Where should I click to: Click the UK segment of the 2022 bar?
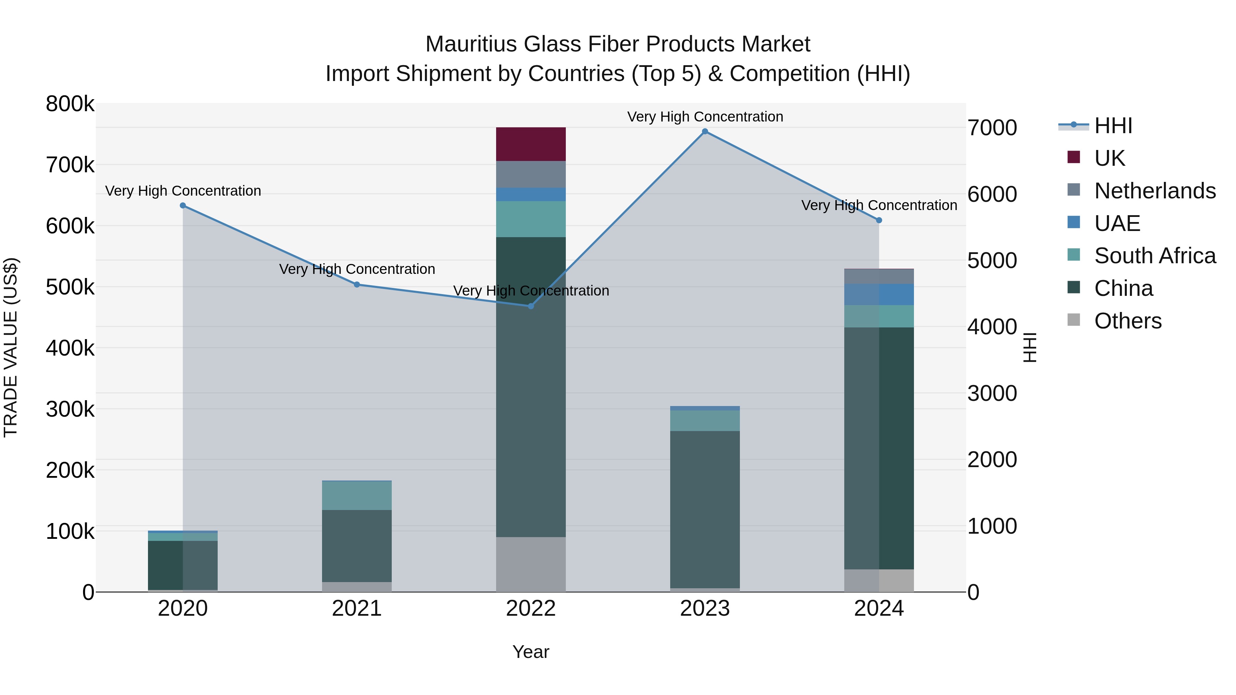[x=531, y=144]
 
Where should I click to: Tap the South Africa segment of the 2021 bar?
[x=356, y=496]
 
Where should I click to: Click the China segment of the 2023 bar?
[x=705, y=509]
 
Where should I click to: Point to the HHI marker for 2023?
[x=705, y=131]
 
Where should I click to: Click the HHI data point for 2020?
[x=183, y=206]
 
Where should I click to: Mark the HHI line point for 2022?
[x=531, y=306]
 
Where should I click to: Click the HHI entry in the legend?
[x=1113, y=126]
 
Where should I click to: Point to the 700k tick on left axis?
[x=70, y=165]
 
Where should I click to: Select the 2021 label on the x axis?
[x=356, y=609]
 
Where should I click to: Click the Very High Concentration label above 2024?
[x=879, y=205]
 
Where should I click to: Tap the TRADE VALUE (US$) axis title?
[x=11, y=347]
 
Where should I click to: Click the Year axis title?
[x=531, y=652]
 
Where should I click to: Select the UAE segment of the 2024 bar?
[x=879, y=294]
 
